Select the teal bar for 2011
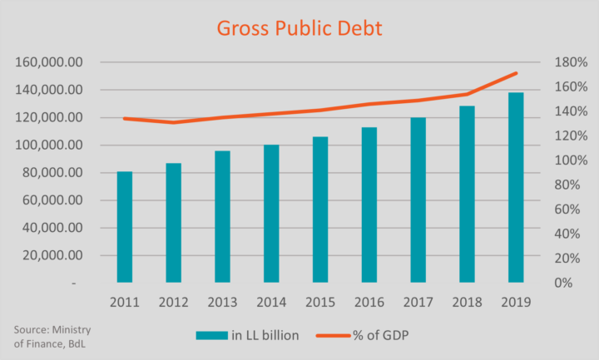tap(125, 227)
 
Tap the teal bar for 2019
tap(516, 188)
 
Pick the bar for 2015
tap(320, 210)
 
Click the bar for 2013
tap(222, 216)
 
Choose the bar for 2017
tap(418, 200)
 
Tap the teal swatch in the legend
tap(211, 335)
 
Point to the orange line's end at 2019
tap(516, 73)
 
